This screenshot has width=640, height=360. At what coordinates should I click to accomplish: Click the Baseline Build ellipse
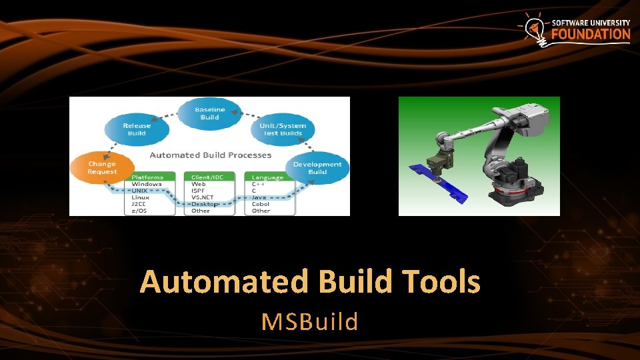click(x=209, y=113)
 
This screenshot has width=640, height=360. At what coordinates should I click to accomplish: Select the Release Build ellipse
click(x=137, y=129)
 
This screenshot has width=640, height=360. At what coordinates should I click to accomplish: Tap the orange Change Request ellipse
click(x=101, y=167)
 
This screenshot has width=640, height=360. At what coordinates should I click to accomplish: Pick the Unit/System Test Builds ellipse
click(x=282, y=129)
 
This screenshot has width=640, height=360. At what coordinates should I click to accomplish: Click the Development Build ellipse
click(x=317, y=168)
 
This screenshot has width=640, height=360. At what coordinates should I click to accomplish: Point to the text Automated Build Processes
click(x=210, y=155)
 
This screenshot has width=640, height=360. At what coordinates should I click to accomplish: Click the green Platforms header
click(x=147, y=177)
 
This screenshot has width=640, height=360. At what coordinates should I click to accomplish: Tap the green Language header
click(x=267, y=177)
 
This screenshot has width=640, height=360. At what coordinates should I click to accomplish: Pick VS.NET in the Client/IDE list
click(x=202, y=197)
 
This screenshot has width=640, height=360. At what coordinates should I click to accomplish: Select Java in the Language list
click(x=259, y=197)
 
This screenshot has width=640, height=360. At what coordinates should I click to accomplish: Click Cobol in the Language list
click(x=261, y=204)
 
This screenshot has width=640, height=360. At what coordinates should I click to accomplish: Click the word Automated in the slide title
click(x=224, y=282)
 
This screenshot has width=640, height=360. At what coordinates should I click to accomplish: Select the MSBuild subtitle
click(x=310, y=322)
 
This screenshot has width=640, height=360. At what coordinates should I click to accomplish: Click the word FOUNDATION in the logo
click(x=591, y=34)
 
